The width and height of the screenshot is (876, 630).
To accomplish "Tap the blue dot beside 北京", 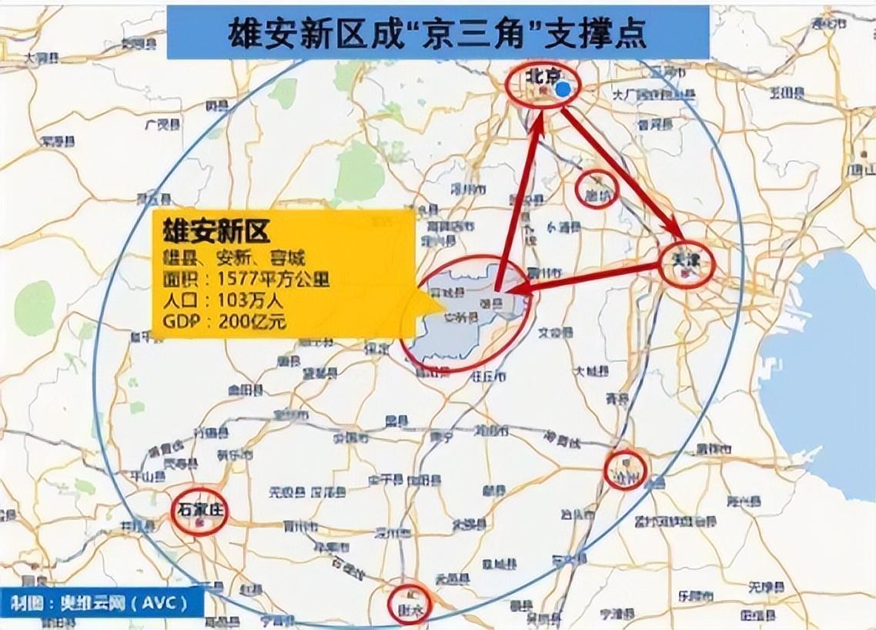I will pyautogui.click(x=564, y=89).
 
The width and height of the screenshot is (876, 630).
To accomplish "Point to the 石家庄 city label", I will pyautogui.click(x=199, y=508).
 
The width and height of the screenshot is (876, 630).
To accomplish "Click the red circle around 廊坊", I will pyautogui.click(x=597, y=188).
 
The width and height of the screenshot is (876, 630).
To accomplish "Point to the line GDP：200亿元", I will pyautogui.click(x=224, y=320).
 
